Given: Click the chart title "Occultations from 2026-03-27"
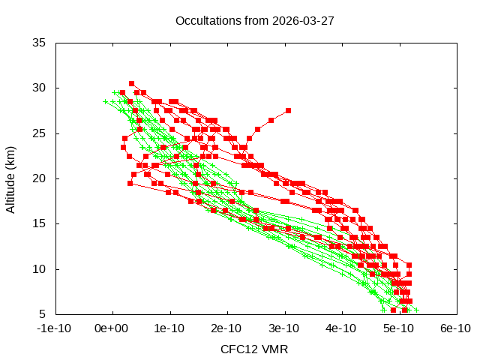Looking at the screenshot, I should click(x=240, y=20).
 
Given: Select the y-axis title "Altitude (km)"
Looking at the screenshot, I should click(x=11, y=178).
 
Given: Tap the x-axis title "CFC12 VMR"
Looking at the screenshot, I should click(x=254, y=349).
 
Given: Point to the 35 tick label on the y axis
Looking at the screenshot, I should click(x=40, y=43).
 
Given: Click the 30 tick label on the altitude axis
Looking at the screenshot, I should click(x=40, y=88).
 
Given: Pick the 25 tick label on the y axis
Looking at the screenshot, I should click(x=40, y=133).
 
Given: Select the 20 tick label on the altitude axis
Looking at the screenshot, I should click(x=40, y=178).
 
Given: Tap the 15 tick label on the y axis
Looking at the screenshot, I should click(x=40, y=223).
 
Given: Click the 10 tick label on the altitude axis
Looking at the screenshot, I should click(x=40, y=268).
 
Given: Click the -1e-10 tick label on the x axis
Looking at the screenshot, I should click(x=55, y=328).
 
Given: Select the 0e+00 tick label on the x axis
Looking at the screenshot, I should click(x=112, y=328).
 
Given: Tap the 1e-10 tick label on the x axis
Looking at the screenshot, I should click(x=170, y=328).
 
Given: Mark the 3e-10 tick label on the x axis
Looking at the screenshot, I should click(x=285, y=328).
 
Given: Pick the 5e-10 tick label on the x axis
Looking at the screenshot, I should click(x=400, y=328).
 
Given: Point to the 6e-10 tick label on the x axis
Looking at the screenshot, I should click(x=457, y=328).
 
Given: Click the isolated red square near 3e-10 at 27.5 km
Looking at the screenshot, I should click(x=288, y=111).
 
